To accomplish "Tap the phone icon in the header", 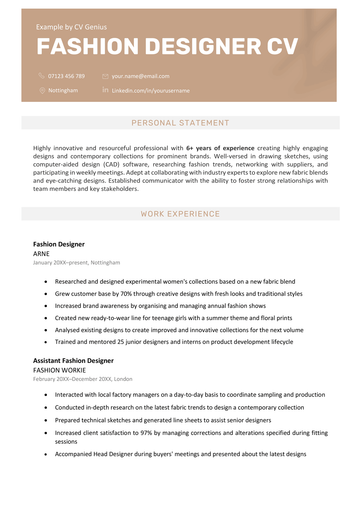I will point(42,75).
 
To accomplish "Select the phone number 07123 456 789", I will point(67,75).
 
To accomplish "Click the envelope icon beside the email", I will point(105,75).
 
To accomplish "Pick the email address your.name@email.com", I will point(140,75).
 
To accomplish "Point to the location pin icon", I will point(42,90).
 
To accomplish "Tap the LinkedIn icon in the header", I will point(105,90).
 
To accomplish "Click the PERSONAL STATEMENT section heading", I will point(180,123).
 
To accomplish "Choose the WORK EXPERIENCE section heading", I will point(180,214).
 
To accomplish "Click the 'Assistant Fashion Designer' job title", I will point(73,359).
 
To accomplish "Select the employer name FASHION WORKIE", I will point(60,369).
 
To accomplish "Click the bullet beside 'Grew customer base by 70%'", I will point(45,295).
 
